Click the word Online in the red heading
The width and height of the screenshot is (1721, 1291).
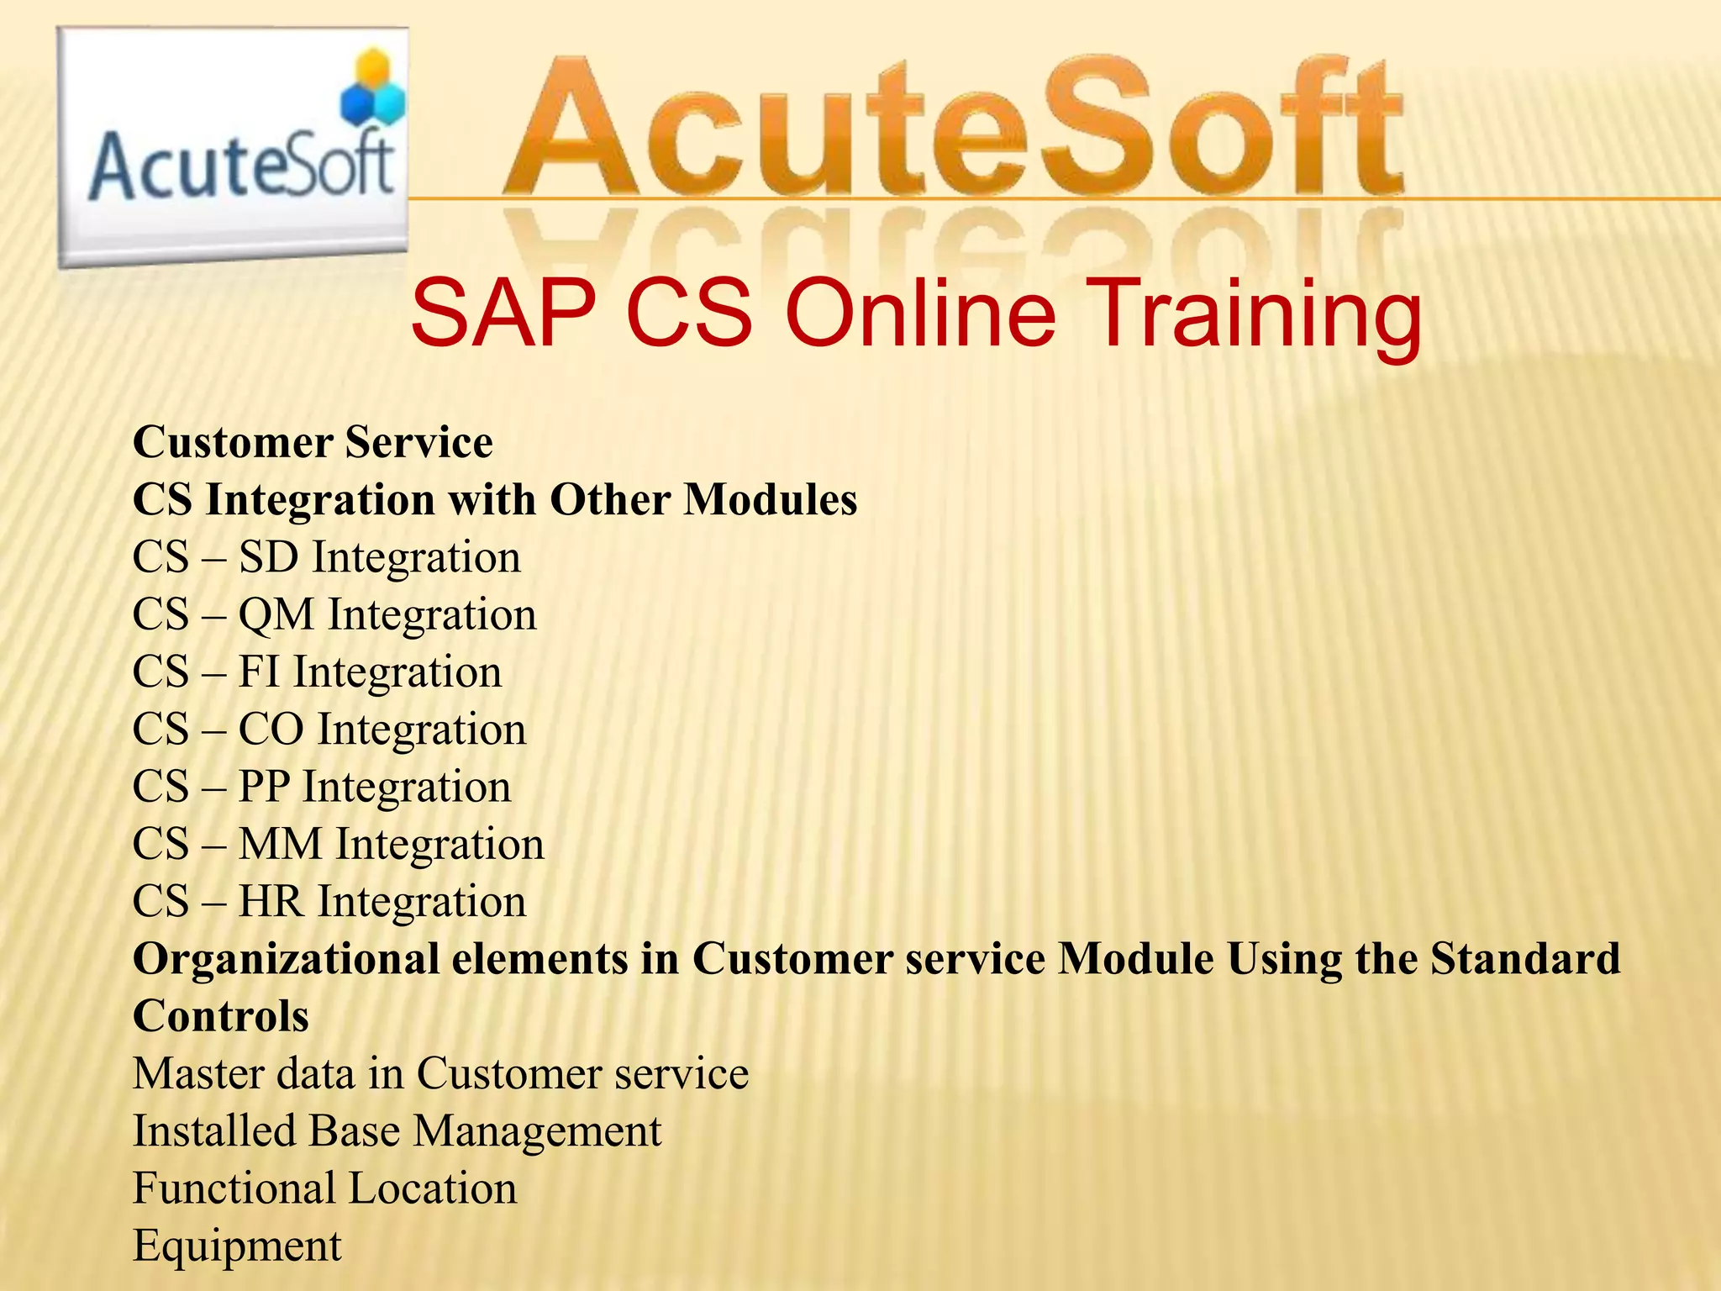pos(919,314)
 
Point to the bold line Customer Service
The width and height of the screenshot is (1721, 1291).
pos(313,442)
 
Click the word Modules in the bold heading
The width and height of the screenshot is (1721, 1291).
pos(770,499)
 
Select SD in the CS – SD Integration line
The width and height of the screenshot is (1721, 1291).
pos(268,557)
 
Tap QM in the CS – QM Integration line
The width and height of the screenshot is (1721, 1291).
pos(276,614)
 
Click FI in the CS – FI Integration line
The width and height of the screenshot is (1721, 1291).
pos(258,672)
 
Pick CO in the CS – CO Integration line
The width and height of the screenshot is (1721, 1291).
pos(271,730)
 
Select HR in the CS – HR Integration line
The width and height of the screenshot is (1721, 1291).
pos(271,902)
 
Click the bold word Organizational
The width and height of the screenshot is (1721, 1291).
pos(286,959)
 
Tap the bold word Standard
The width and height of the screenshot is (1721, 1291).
pos(1525,959)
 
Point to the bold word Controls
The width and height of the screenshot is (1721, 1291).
pos(221,1016)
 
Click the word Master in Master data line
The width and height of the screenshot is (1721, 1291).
pos(198,1074)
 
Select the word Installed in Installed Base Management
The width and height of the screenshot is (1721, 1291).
pos(214,1131)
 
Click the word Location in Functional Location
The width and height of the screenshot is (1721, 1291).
pos(433,1188)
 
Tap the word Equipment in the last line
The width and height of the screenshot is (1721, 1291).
pos(237,1246)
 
